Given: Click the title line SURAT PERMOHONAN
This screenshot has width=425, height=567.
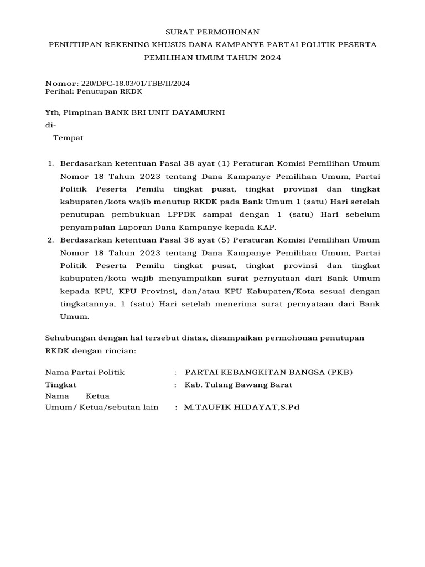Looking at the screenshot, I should [212, 32].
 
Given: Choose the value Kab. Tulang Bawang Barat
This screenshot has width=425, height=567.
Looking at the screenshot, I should [239, 385].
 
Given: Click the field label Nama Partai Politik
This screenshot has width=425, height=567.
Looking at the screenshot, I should [85, 372].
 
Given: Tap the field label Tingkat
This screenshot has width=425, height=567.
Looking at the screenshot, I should [61, 385].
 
